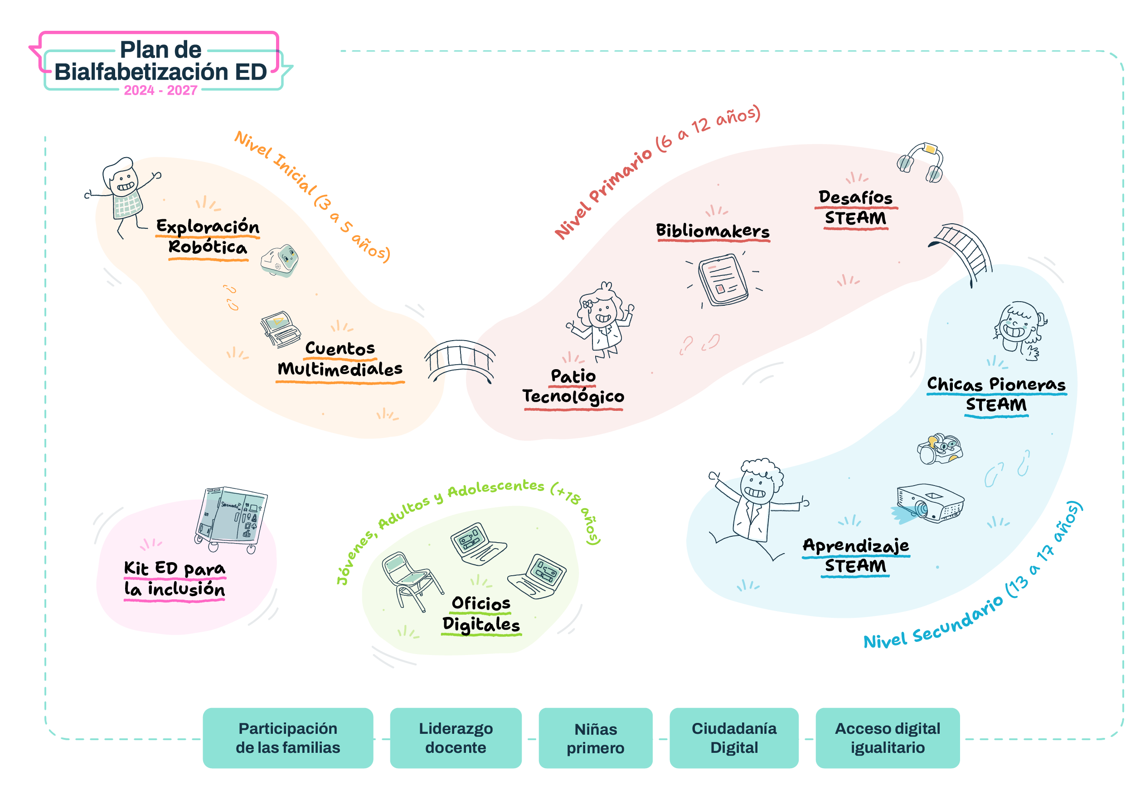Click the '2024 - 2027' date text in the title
(160, 90)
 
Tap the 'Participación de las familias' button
(288, 738)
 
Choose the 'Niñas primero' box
(596, 738)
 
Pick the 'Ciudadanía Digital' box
(733, 738)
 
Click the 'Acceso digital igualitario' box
(887, 738)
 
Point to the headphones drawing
(921, 163)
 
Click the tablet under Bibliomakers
(723, 279)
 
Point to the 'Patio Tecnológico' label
(573, 387)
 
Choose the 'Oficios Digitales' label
(481, 614)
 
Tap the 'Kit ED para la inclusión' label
(175, 579)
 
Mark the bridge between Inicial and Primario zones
(460, 361)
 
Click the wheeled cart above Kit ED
(230, 518)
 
